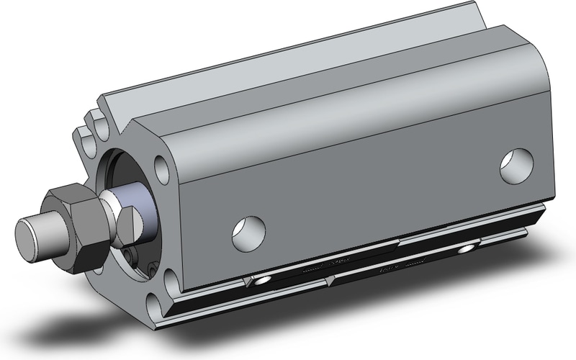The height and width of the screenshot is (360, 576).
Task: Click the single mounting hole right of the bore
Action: [x=163, y=170]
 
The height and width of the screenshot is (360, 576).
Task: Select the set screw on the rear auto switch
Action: [x=468, y=248]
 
